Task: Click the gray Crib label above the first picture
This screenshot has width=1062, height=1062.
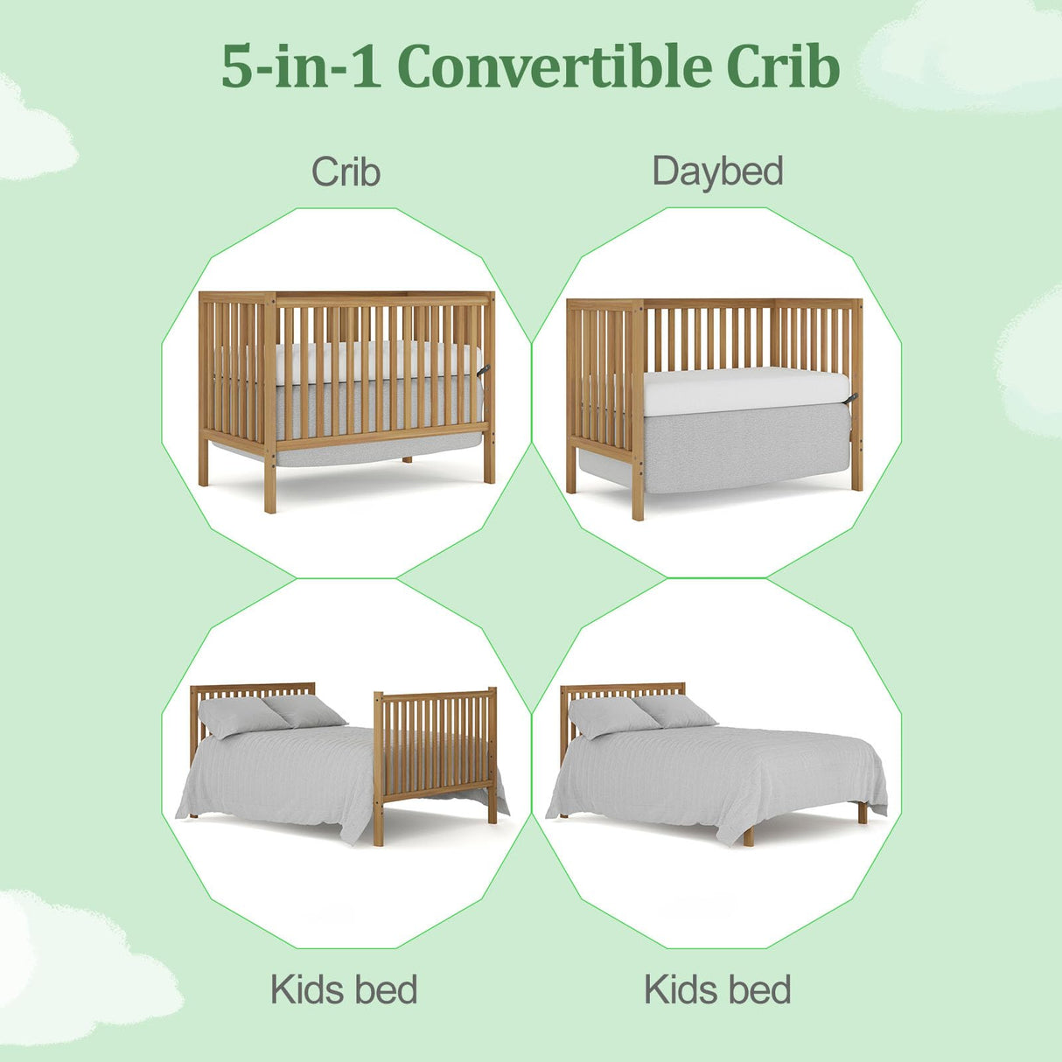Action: tap(346, 171)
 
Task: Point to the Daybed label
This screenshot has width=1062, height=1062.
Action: tap(717, 171)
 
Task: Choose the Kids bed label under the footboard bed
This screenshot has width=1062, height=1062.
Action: tap(344, 990)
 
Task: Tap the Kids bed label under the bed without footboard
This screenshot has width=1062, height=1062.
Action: tap(717, 990)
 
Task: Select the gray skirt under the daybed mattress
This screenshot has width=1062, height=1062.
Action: tap(744, 451)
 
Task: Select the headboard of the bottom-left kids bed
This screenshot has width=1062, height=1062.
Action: tap(254, 690)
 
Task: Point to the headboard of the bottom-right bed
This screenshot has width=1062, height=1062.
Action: tap(623, 690)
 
